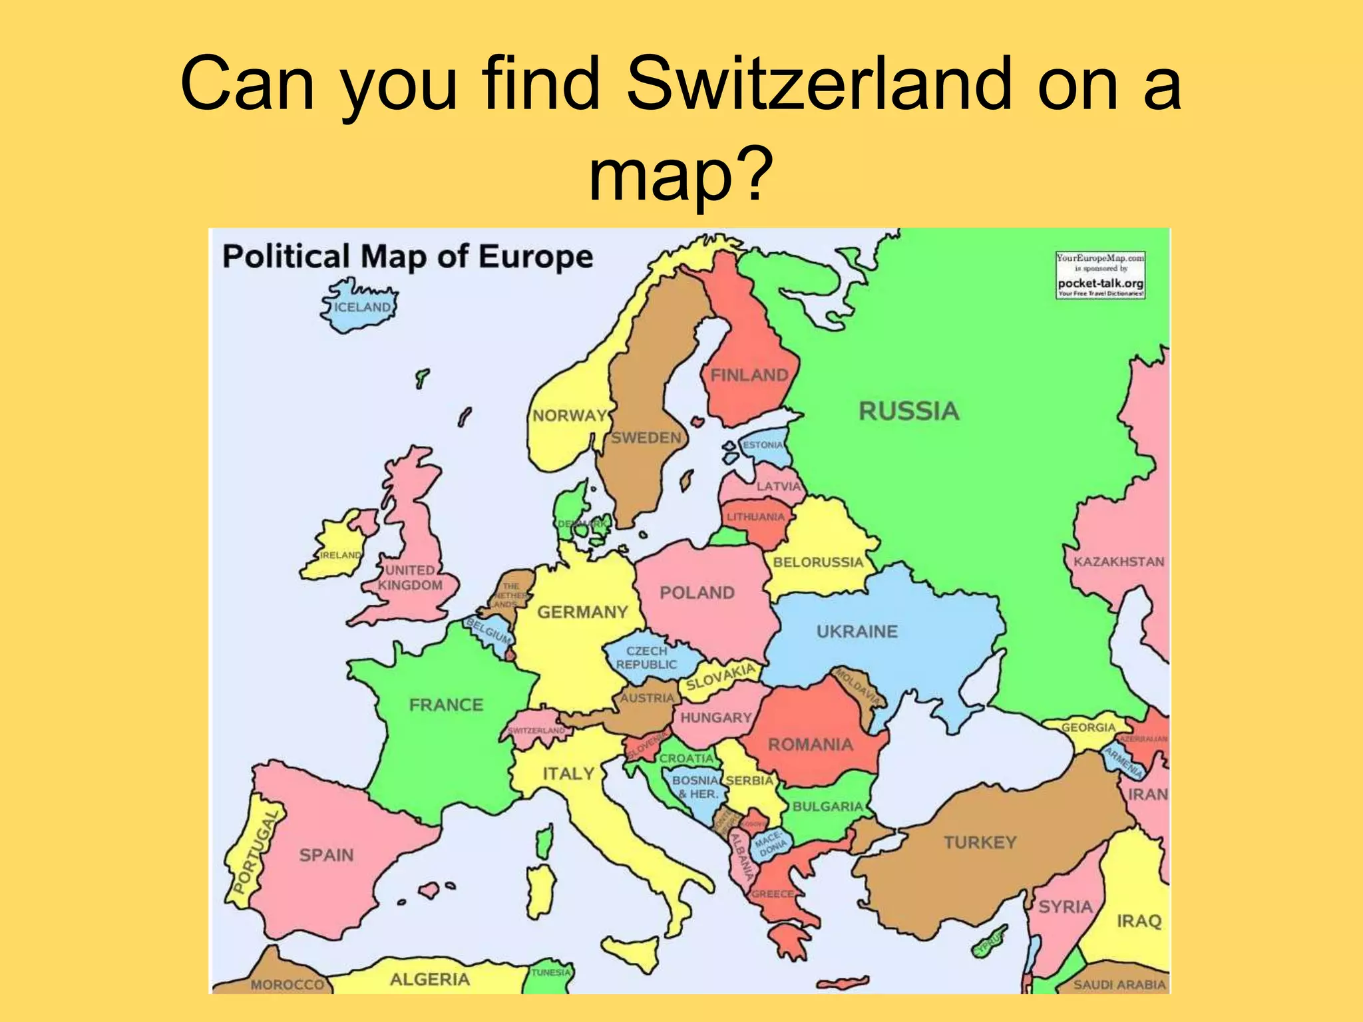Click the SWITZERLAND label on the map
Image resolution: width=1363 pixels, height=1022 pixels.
coord(536,730)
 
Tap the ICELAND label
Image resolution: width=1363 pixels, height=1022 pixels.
coord(362,307)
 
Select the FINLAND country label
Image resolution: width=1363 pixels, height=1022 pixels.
coord(749,375)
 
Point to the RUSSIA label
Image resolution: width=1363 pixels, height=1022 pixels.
coord(908,411)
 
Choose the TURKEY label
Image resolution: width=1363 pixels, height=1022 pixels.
coord(980,842)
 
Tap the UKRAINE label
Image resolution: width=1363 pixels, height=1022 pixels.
coord(857,631)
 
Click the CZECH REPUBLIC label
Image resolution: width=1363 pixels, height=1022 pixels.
coord(646,657)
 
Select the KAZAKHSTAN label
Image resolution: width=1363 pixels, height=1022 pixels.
coord(1118,562)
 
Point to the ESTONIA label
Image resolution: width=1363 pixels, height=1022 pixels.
coord(763,444)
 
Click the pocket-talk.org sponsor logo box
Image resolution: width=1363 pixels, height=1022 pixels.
coord(1100,275)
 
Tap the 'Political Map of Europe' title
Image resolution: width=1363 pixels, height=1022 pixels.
coord(407,257)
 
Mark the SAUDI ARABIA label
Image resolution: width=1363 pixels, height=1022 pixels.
coord(1119,984)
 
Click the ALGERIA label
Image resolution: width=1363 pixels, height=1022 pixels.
coord(429,979)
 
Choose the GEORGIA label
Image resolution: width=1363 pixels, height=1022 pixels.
coord(1087,727)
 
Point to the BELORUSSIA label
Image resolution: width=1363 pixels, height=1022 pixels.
coord(818,562)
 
